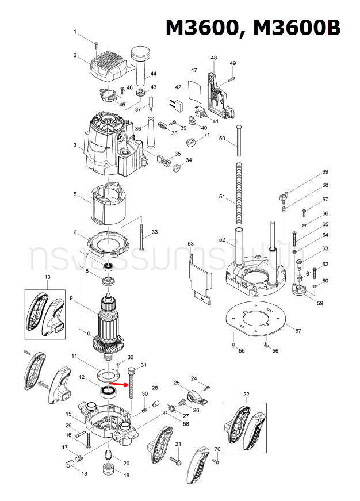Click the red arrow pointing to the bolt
[x=119, y=384]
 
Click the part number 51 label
[x=222, y=197]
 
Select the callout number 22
[x=246, y=394]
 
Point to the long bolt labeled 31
[x=132, y=383]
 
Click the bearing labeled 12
[x=108, y=392]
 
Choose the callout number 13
[x=48, y=277]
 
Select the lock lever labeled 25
[x=191, y=396]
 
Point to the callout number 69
[x=325, y=172]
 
